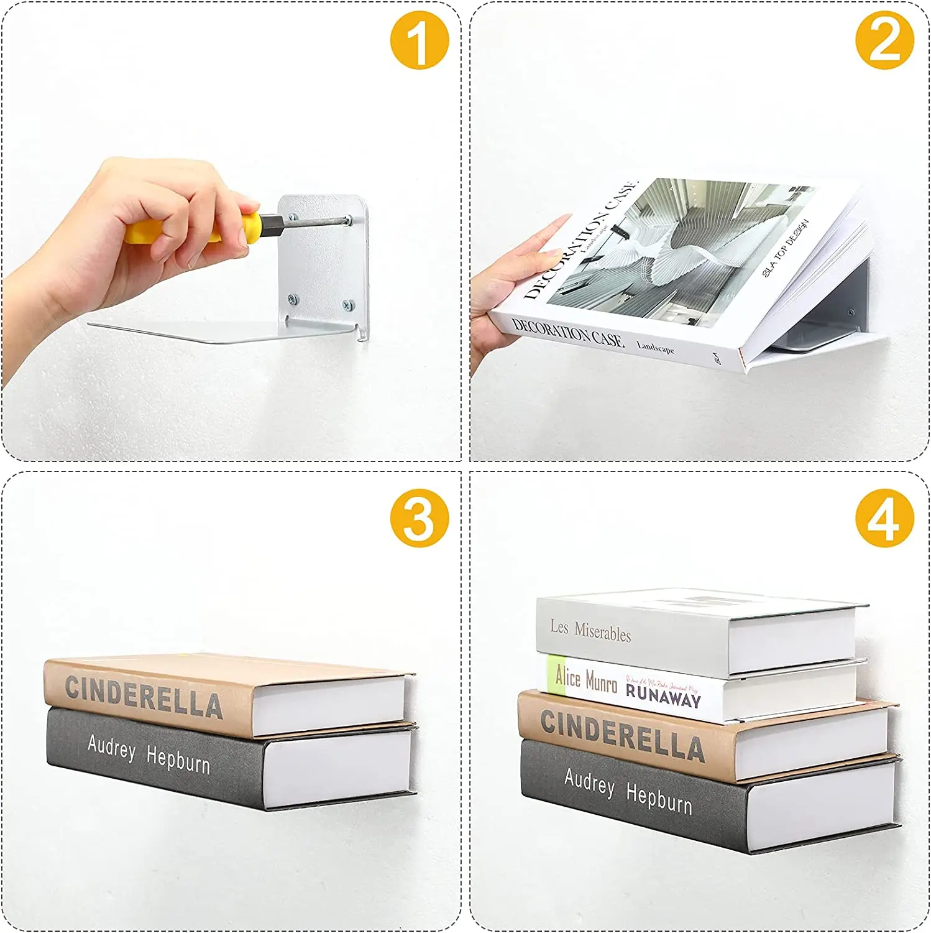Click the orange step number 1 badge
(x=420, y=40)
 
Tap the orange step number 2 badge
(x=884, y=40)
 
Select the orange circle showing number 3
(x=420, y=518)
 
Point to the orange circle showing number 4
(x=884, y=518)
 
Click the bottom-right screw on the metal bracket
(x=349, y=305)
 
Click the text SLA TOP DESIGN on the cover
(x=786, y=248)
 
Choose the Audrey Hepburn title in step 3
(x=149, y=754)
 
